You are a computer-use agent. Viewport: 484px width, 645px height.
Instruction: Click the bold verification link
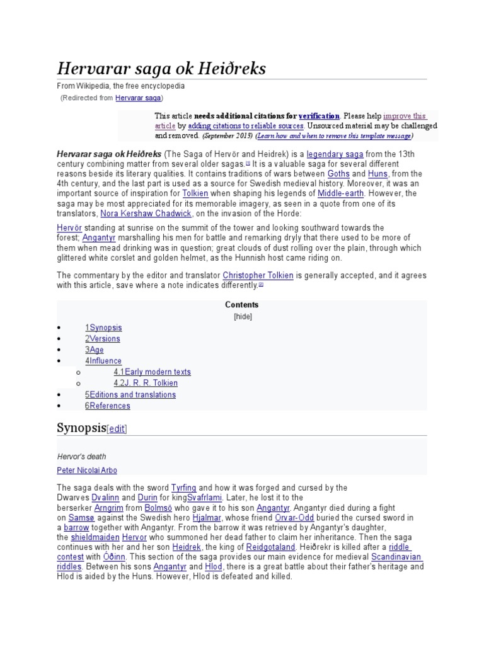319,117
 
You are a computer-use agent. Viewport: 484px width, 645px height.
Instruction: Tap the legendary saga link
335,154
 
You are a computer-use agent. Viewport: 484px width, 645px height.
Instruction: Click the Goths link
338,174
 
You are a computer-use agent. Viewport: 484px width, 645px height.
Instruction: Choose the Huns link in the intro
378,174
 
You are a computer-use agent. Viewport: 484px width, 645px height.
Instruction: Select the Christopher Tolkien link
258,275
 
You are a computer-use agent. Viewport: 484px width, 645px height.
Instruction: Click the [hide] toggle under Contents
242,317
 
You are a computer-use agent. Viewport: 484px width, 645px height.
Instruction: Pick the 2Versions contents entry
102,339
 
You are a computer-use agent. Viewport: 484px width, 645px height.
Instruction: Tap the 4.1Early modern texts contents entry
152,372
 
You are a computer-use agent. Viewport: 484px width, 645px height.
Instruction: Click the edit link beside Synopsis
117,430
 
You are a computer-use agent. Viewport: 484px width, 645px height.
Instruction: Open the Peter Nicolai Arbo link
86,471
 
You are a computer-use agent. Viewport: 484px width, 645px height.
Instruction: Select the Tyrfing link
183,488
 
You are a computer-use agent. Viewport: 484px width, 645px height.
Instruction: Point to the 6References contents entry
108,406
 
